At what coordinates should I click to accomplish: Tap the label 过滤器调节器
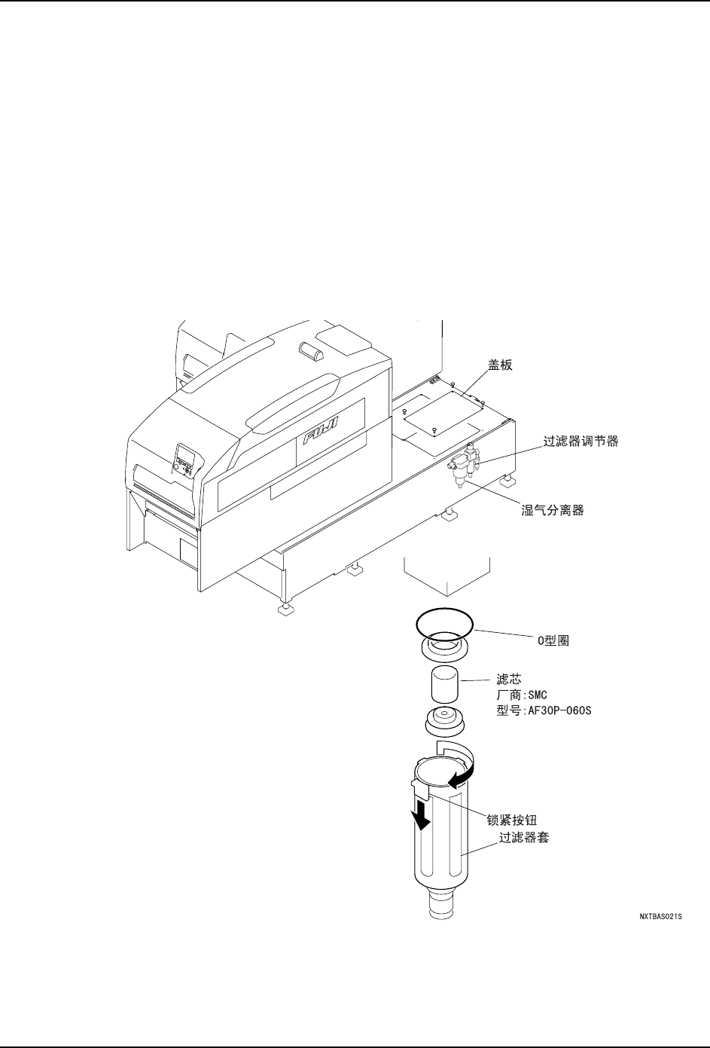581,442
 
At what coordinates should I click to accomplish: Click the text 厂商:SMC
526,695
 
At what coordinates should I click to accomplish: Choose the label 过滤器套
524,837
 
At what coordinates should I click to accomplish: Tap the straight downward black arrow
423,814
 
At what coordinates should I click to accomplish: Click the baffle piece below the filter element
444,723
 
